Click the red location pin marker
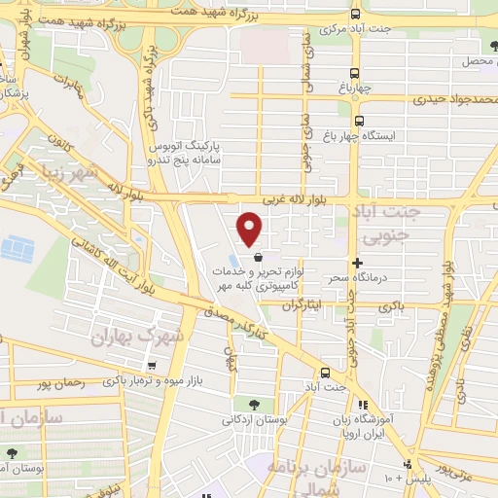(x=250, y=229)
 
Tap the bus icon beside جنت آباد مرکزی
(x=356, y=14)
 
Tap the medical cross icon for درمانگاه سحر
(x=359, y=263)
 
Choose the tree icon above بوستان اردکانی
(x=254, y=404)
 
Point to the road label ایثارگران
(x=301, y=304)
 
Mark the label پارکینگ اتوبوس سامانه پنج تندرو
(x=186, y=151)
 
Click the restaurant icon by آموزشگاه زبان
(x=362, y=405)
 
